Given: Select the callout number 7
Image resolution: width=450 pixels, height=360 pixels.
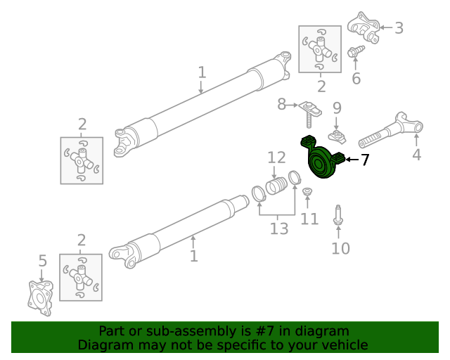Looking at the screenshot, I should [364, 160].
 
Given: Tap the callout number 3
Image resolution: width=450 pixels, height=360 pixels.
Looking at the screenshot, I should [399, 28].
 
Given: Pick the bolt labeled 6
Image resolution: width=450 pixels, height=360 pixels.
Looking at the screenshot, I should [355, 51].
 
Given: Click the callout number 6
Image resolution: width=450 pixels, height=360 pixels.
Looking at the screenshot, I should [356, 78].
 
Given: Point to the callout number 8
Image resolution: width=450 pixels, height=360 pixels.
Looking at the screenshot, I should [282, 104].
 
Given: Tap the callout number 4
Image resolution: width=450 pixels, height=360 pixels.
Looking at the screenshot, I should [417, 155].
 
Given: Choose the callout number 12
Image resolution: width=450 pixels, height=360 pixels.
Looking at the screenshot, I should [276, 157].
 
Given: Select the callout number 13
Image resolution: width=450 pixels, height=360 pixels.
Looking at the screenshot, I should [279, 229].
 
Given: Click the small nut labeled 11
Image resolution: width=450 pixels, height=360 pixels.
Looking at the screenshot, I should [307, 192].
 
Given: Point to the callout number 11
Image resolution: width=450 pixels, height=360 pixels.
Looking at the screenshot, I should [309, 219].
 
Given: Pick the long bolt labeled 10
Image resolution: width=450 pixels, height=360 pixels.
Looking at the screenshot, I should [338, 216].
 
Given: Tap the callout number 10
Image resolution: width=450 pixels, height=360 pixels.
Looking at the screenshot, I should [340, 248].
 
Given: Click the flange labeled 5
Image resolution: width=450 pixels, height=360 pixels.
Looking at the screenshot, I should [40, 295].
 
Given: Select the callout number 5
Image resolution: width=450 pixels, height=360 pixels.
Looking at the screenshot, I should [42, 262].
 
